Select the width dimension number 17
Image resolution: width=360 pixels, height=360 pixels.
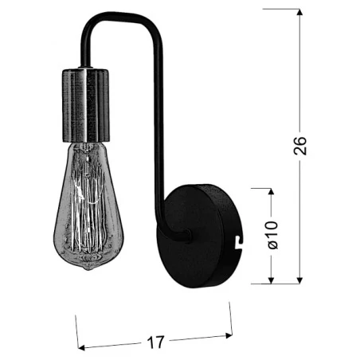click(x=155, y=342)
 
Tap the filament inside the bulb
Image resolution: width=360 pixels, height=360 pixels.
click(x=89, y=199)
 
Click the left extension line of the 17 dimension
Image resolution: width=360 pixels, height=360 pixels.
click(x=77, y=331)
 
